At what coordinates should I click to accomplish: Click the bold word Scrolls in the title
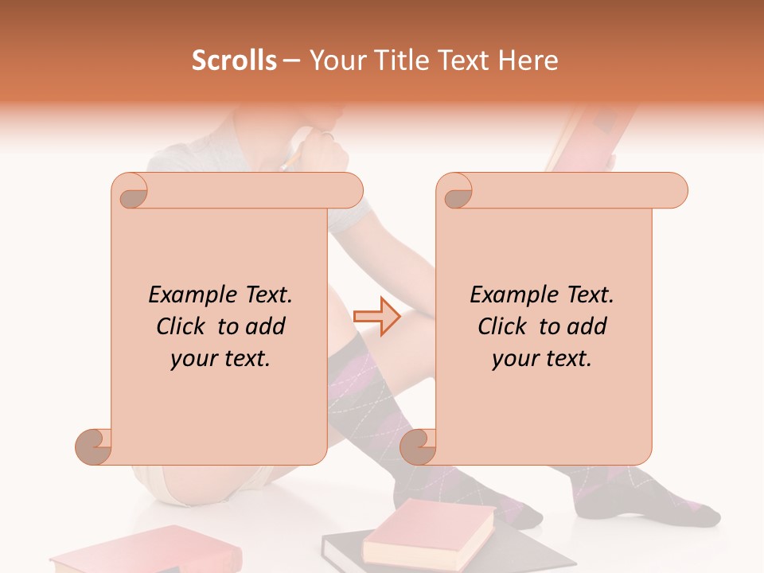coord(234,60)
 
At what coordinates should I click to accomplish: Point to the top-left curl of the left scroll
coord(130,191)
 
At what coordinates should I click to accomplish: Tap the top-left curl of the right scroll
coord(455,191)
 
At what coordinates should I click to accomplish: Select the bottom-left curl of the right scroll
coord(419,446)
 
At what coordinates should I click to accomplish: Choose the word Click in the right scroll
coord(503,327)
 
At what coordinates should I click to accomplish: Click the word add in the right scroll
coord(589,327)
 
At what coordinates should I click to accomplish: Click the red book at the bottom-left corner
coord(127,553)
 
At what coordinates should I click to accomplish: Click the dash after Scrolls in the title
coord(291,60)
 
